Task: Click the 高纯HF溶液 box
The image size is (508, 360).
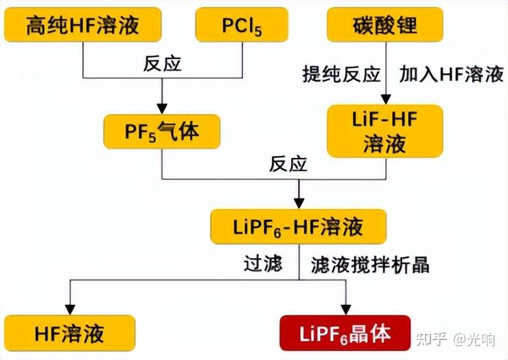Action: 82,25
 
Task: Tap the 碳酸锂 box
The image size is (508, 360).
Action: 384,25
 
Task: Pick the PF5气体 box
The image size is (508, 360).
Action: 162,131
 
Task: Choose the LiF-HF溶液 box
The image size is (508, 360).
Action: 384,131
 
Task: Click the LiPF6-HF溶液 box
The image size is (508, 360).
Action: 298,227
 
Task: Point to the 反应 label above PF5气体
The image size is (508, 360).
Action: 162,64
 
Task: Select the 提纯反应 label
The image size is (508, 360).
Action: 341,74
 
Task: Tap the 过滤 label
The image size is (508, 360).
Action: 263,263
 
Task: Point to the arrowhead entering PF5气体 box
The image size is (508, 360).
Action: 162,108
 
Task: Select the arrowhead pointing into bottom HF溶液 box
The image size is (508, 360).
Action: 69,308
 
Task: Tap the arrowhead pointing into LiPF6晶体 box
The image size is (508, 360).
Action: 345,308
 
